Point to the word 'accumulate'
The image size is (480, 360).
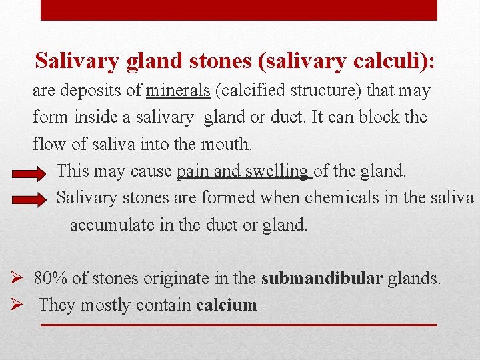tap(112, 225)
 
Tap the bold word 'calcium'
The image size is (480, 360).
tap(226, 305)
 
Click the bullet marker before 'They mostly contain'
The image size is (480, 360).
tap(19, 305)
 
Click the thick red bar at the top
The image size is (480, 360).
tap(239, 10)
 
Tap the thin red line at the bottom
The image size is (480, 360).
tap(239, 325)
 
